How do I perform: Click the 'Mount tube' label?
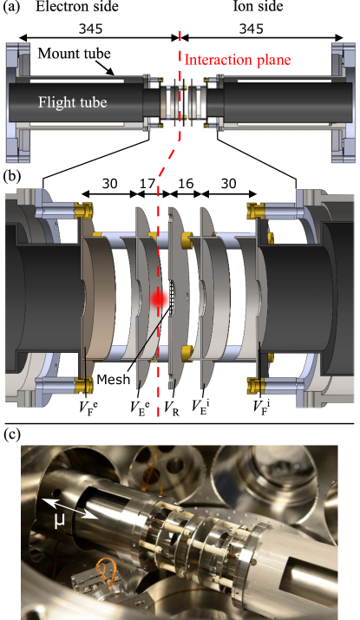pos(74,54)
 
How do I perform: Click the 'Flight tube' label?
pos(72,102)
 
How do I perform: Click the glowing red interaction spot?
pos(158,298)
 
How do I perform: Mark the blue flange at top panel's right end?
pos(341,101)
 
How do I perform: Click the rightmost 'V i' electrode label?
pos(261,403)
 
